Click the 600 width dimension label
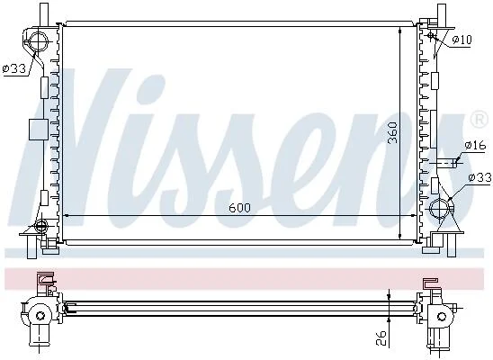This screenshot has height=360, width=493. (x=239, y=208)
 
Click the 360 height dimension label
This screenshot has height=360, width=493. (x=392, y=132)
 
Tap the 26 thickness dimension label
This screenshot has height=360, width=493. (x=381, y=337)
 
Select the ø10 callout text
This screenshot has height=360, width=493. (x=462, y=40)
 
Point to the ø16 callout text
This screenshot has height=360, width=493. (x=475, y=145)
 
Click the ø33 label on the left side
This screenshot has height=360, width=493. (x=14, y=67)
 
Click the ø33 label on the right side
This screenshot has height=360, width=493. (x=480, y=178)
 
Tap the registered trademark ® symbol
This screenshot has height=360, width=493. (x=480, y=119)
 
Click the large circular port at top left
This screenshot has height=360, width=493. (x=38, y=40)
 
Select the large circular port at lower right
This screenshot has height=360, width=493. (x=440, y=209)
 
